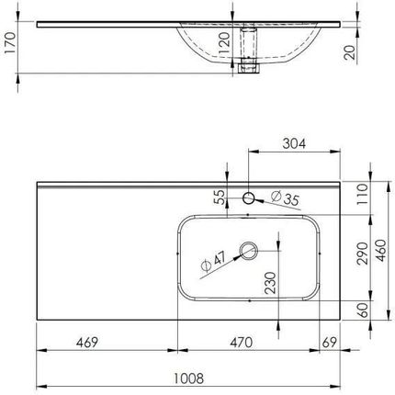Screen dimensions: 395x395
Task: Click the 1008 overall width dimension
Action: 188,378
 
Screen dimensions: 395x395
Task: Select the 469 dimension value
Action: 87,343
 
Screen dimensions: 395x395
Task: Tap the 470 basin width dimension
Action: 242,343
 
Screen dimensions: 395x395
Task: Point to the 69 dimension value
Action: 330,343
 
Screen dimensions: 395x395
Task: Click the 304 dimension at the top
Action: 294,143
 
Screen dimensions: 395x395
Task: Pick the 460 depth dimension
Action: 381,251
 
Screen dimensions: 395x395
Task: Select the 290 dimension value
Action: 363,254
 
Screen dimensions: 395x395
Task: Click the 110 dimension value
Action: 363,195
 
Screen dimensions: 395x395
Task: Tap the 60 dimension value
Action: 363,310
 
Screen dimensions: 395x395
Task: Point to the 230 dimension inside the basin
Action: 270,283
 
